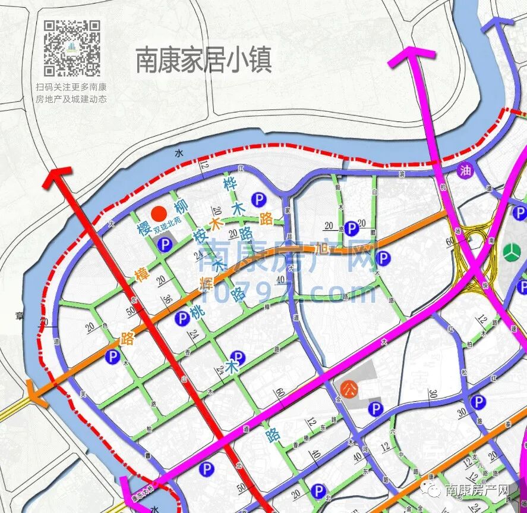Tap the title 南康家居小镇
204,61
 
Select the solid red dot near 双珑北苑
158,214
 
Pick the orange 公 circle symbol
349,389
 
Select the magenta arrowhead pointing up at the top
411,57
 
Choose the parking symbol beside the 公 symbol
375,409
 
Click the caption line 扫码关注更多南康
71,87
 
